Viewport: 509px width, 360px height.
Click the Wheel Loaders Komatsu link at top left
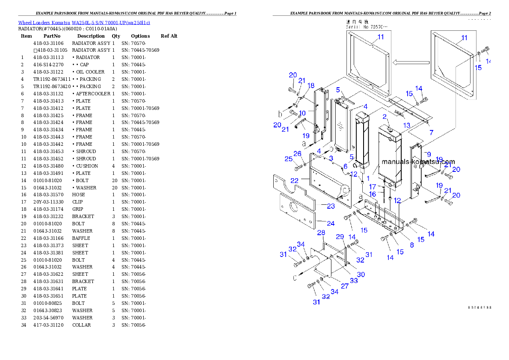84,23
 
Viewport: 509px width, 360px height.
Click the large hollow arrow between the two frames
411,63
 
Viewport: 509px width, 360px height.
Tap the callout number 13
406,125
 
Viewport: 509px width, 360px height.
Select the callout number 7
431,133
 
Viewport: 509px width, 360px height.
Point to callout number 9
429,154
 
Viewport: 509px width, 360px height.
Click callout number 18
311,86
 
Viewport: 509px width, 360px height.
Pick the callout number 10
302,113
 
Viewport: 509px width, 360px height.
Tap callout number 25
289,159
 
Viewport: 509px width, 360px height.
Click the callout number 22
295,181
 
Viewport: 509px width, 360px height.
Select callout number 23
331,206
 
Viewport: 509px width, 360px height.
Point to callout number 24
331,223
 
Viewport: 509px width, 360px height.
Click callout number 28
321,233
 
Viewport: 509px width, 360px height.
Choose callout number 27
344,286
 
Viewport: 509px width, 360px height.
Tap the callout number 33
354,280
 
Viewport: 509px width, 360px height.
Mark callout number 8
411,245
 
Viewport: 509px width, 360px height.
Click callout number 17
373,187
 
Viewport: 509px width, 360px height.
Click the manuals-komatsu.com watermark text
418,162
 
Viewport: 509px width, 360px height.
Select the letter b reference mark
280,114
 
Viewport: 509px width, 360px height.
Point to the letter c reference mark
294,277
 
